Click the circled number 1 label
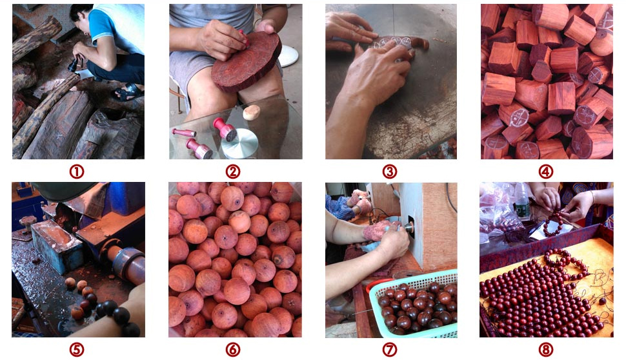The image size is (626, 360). pyautogui.click(x=77, y=172)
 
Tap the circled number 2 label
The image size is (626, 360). pyautogui.click(x=233, y=172)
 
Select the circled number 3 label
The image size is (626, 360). pyautogui.click(x=390, y=172)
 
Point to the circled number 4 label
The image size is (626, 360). pyautogui.click(x=546, y=172)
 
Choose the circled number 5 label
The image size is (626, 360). pyautogui.click(x=77, y=350)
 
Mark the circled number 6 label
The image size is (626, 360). pyautogui.click(x=233, y=350)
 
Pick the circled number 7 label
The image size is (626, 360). pyautogui.click(x=390, y=350)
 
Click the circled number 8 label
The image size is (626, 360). pyautogui.click(x=546, y=350)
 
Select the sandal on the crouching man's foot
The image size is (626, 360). pyautogui.click(x=126, y=94)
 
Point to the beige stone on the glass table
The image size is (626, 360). pyautogui.click(x=252, y=112)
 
